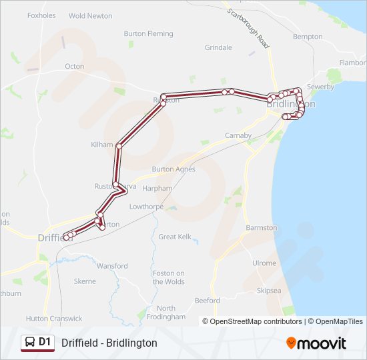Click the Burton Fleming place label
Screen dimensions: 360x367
point(148,33)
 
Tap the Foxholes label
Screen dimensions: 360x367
point(42,15)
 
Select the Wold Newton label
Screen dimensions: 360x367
point(91,15)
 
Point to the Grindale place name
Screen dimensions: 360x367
point(218,48)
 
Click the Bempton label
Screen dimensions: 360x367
point(307,37)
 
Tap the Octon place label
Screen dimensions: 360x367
point(74,66)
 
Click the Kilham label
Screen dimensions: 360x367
point(102,145)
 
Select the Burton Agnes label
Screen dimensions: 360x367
point(173,169)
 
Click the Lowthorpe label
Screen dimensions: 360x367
point(146,207)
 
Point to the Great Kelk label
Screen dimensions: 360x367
point(175,237)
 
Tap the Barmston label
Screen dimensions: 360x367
point(261,227)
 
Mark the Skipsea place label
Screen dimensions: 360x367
point(270,291)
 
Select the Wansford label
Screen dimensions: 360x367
point(111,266)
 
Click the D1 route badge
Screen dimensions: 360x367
point(37,343)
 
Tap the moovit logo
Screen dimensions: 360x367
point(316,343)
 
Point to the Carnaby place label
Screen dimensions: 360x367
point(238,135)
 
